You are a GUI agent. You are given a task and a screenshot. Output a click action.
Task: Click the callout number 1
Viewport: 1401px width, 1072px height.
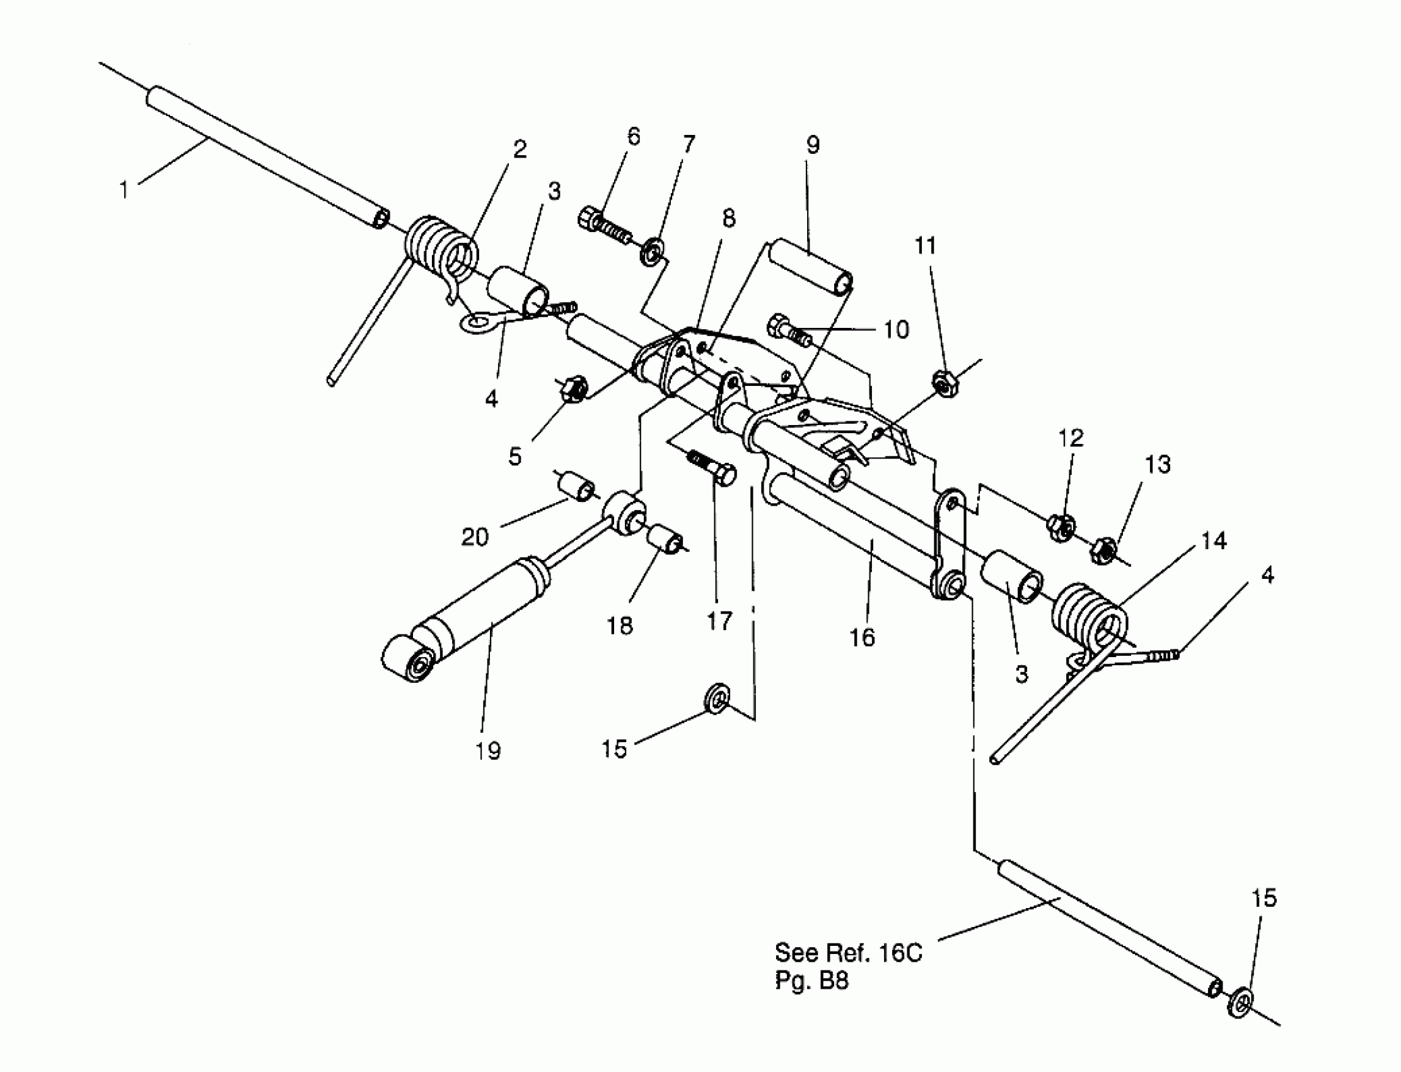124,190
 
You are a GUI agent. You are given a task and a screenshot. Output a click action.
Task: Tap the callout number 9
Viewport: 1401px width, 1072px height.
812,145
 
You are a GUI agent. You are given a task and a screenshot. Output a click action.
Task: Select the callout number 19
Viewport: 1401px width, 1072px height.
488,750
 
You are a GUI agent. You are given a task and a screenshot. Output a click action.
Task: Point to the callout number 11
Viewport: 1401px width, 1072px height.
926,246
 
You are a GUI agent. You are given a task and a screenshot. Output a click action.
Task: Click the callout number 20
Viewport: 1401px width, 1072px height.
475,537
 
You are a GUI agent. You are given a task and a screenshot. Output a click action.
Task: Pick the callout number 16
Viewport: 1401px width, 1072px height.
863,638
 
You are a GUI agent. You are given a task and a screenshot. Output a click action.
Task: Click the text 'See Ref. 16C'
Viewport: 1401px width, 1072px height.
849,953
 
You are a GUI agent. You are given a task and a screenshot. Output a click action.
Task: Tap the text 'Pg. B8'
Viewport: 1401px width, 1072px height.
811,981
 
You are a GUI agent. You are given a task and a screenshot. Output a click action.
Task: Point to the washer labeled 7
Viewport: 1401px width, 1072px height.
651,251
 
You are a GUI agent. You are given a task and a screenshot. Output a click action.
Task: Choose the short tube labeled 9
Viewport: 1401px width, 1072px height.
810,268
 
